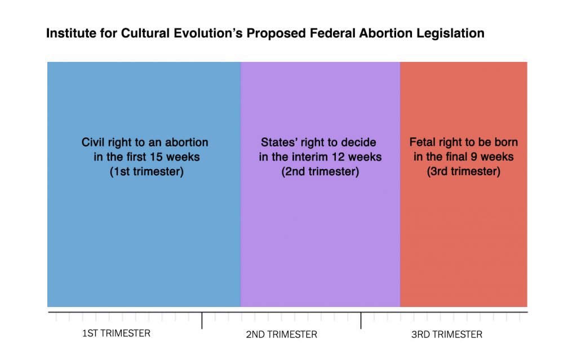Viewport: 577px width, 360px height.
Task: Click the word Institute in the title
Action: point(68,33)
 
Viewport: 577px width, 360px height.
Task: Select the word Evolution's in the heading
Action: point(208,33)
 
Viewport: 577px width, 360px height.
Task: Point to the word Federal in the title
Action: point(332,33)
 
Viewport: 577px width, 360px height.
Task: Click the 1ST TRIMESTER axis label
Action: point(116,334)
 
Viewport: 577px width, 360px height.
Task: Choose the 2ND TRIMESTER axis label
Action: point(282,335)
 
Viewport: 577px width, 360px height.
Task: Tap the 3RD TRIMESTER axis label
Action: point(447,335)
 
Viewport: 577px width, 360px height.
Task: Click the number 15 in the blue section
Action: point(156,157)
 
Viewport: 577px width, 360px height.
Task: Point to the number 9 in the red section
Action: point(473,157)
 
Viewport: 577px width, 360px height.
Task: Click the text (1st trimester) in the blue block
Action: point(147,172)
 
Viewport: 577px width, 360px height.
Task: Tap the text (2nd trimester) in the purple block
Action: point(320,172)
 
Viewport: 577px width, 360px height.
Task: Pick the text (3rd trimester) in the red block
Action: point(464,171)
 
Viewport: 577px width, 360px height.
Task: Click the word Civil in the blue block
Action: point(92,143)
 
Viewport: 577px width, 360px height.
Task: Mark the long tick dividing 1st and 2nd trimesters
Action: point(202,321)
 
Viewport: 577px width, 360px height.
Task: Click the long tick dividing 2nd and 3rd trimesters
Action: point(361,321)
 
